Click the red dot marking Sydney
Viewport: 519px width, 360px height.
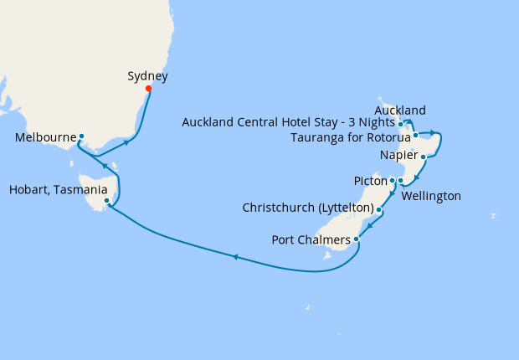(x=148, y=88)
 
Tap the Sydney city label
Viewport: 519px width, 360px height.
(x=147, y=76)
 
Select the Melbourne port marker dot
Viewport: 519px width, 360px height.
(x=81, y=136)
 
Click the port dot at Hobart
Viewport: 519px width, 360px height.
(x=106, y=201)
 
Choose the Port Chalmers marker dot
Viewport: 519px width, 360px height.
(x=357, y=239)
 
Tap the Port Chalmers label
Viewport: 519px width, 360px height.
(x=311, y=240)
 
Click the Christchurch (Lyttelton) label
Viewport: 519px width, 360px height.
(x=307, y=207)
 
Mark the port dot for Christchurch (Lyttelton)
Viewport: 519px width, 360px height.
(x=379, y=209)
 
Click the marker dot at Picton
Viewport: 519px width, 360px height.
(x=393, y=180)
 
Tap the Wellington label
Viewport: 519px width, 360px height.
(x=431, y=196)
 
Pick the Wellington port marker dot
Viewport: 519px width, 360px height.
(x=401, y=181)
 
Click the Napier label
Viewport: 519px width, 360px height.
(x=398, y=156)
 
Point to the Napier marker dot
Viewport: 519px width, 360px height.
(x=424, y=157)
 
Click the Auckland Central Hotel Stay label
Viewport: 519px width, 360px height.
(x=289, y=124)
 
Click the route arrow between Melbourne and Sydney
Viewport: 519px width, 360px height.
(x=126, y=142)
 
